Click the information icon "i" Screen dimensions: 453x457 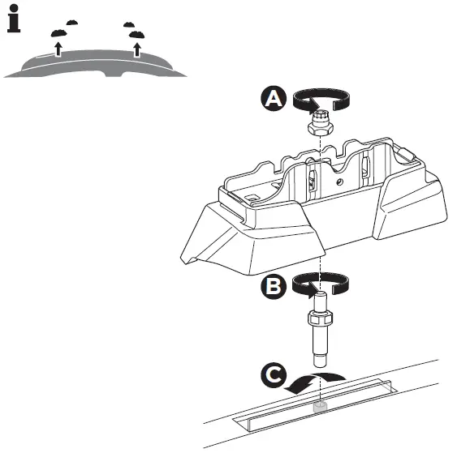pyautogui.click(x=14, y=19)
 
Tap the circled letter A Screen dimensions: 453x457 pyautogui.click(x=274, y=99)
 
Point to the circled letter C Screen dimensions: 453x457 pyautogui.click(x=274, y=375)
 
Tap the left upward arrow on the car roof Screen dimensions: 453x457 pyautogui.click(x=58, y=49)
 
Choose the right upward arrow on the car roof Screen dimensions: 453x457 pyautogui.click(x=137, y=50)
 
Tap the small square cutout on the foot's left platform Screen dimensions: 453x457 pyautogui.click(x=254, y=196)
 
